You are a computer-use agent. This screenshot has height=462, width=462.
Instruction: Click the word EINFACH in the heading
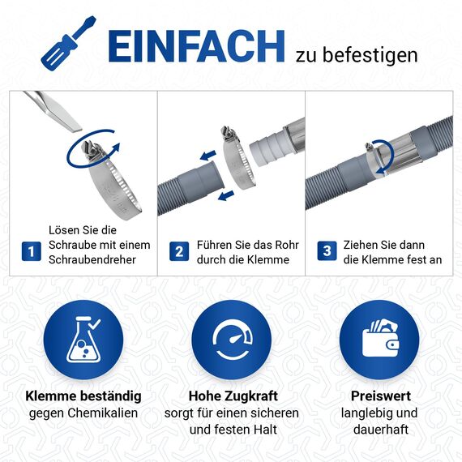tap(196, 47)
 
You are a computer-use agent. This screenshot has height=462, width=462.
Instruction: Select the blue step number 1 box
tap(32, 251)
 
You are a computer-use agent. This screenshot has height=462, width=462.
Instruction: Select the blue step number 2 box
tap(178, 251)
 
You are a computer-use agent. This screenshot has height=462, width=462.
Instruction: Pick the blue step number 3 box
tap(326, 251)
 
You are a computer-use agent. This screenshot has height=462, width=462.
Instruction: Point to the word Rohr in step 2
tap(284, 244)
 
